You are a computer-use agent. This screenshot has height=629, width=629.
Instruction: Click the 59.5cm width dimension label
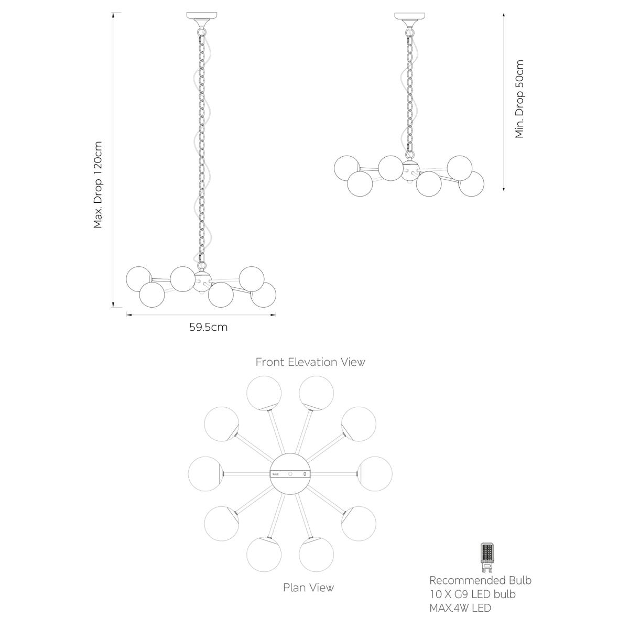pyautogui.click(x=208, y=328)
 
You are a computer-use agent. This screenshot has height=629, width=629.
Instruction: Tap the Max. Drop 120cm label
pyautogui.click(x=98, y=184)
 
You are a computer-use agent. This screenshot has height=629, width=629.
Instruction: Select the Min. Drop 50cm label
pyautogui.click(x=519, y=99)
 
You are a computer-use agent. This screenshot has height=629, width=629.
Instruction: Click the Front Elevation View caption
pyautogui.click(x=310, y=362)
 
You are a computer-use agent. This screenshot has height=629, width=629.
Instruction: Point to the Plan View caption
pyautogui.click(x=308, y=587)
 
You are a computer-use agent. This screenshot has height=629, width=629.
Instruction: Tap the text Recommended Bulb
pyautogui.click(x=480, y=580)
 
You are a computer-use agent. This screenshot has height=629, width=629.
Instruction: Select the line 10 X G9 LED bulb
pyautogui.click(x=472, y=594)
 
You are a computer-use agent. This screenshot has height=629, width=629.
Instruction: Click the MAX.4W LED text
pyautogui.click(x=460, y=609)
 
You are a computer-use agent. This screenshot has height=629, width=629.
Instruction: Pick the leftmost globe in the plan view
pyautogui.click(x=205, y=473)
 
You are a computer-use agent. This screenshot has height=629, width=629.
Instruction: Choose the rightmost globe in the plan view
pyautogui.click(x=375, y=473)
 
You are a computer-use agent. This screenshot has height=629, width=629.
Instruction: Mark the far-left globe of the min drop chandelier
pyautogui.click(x=347, y=168)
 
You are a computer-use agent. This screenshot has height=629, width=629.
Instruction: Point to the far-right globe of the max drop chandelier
pyautogui.click(x=263, y=295)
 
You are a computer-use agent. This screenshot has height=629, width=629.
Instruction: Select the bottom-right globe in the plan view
pyautogui.click(x=359, y=523)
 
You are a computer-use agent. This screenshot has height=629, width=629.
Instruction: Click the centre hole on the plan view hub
pyautogui.click(x=290, y=473)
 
